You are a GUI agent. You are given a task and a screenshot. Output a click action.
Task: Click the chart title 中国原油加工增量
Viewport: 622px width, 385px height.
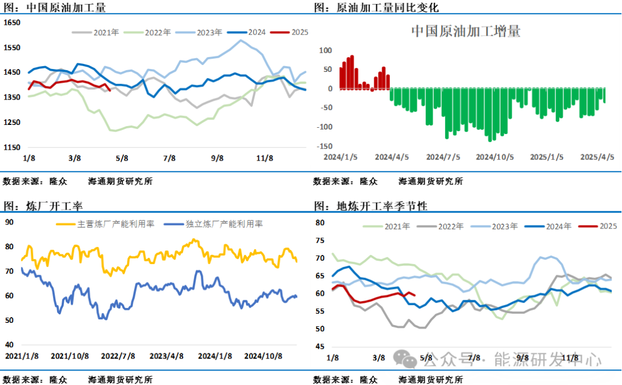click(465, 31)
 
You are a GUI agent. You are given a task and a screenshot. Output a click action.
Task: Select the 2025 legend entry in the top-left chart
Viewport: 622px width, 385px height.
click(299, 32)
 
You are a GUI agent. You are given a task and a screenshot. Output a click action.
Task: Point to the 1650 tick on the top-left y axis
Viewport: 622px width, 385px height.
click(12, 23)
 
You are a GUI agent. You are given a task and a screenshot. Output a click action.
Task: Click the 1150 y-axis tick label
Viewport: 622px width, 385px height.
click(12, 147)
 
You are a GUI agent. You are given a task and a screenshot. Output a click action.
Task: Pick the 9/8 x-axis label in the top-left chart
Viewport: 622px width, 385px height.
click(217, 158)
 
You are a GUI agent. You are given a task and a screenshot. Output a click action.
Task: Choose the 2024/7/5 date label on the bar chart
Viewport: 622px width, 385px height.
click(443, 157)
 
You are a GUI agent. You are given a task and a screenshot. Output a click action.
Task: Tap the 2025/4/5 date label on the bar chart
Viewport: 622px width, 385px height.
click(596, 157)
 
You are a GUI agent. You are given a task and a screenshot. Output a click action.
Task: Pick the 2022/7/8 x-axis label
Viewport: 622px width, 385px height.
click(118, 356)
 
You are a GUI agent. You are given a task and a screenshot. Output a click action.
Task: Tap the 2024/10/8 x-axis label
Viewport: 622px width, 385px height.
click(264, 356)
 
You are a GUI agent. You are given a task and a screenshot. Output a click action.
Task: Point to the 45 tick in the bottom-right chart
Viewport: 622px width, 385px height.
click(321, 346)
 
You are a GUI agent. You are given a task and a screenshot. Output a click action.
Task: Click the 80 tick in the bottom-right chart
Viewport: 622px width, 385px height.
click(321, 223)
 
